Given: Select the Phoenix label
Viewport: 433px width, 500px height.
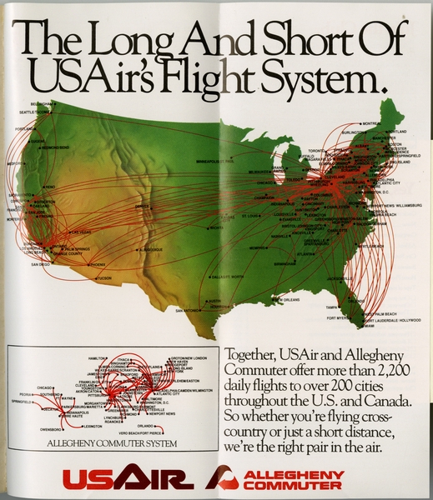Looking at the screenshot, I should [98, 264].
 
